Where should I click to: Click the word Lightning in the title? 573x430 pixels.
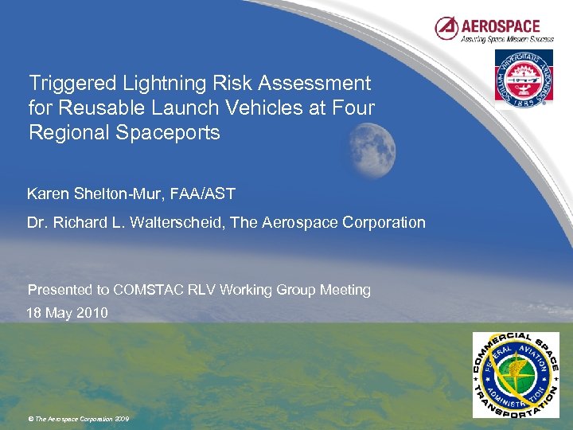pos(166,83)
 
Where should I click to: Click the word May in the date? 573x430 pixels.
pos(58,313)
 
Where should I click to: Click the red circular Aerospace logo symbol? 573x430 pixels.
pos(446,29)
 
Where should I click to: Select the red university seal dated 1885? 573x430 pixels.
pos(524,77)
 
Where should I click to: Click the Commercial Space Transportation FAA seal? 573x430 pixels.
pos(516,374)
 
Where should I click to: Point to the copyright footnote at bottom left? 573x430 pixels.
pos(78,419)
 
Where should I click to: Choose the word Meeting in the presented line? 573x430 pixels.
pos(345,290)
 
